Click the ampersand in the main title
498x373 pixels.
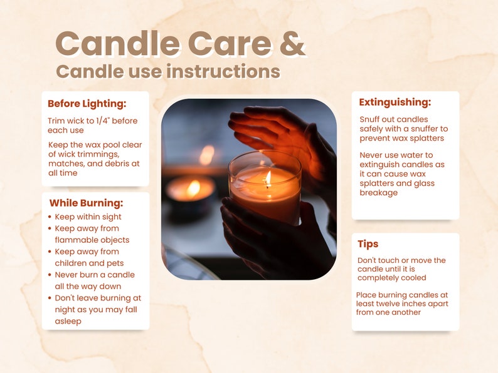pos(292,43)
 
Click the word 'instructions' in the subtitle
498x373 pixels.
pos(223,71)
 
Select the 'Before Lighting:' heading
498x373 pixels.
pos(87,105)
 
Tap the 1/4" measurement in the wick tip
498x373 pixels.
pos(103,120)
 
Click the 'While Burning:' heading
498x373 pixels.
pos(86,203)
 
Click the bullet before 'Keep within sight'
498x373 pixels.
pos(50,217)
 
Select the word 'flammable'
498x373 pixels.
pos(73,240)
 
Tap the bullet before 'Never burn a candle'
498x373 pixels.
pos(50,275)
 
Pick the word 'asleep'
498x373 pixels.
pos(68,321)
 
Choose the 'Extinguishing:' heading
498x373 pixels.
pos(395,103)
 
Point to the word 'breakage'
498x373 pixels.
pos(379,193)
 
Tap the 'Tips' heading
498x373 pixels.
pos(368,243)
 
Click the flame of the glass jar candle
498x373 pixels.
pos(268,179)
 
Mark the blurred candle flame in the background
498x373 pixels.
pos(193,188)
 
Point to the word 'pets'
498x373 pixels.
pos(115,263)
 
